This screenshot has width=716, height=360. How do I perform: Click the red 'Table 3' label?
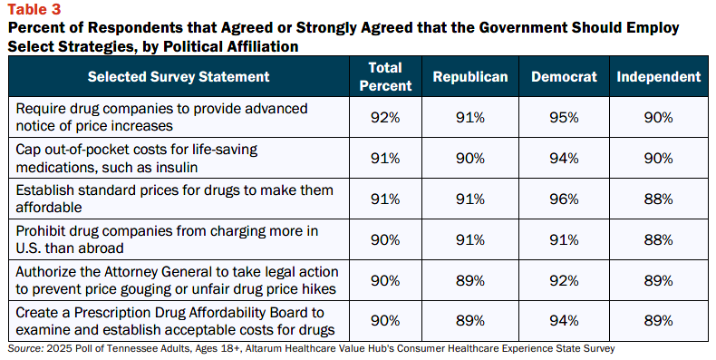pos(34,9)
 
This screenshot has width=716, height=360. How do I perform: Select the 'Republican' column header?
pos(470,76)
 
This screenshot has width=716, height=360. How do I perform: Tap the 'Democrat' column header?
pos(564,76)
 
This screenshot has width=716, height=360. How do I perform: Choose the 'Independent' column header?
pos(659,76)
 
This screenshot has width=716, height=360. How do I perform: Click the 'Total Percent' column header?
pos(385,76)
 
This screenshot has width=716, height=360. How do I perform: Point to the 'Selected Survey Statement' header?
pos(179,76)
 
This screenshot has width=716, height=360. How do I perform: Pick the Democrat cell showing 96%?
pos(564,199)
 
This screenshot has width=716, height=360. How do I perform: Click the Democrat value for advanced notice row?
pos(564,117)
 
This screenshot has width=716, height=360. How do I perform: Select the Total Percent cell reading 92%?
pos(385,117)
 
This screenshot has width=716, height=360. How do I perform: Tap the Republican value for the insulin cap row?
pos(470,158)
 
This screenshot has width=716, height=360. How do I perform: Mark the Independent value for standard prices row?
pos(659,199)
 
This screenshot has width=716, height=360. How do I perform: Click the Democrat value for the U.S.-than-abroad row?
pos(564,239)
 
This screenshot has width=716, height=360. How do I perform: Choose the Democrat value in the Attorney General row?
pos(564,280)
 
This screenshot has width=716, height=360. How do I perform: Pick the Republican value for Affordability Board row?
pos(470,321)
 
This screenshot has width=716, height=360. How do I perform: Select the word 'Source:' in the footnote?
pos(25,348)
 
